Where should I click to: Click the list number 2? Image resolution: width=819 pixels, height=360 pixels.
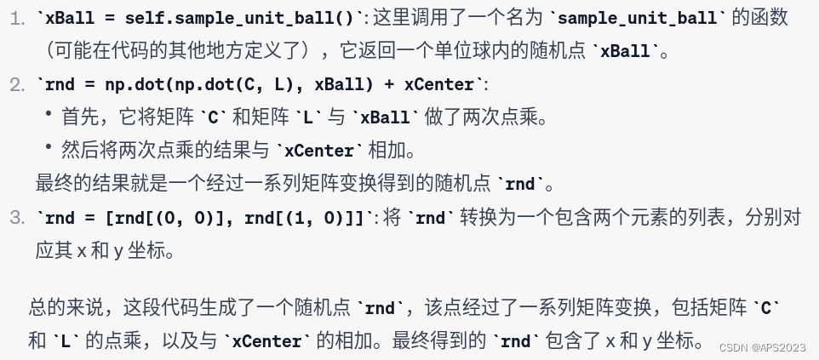pyautogui.click(x=17, y=84)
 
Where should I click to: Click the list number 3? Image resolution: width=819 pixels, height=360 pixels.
pyautogui.click(x=17, y=218)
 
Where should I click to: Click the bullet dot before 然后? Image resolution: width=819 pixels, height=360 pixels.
pyautogui.click(x=49, y=149)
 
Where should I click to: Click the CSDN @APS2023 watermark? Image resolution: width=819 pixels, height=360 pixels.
pyautogui.click(x=762, y=347)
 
